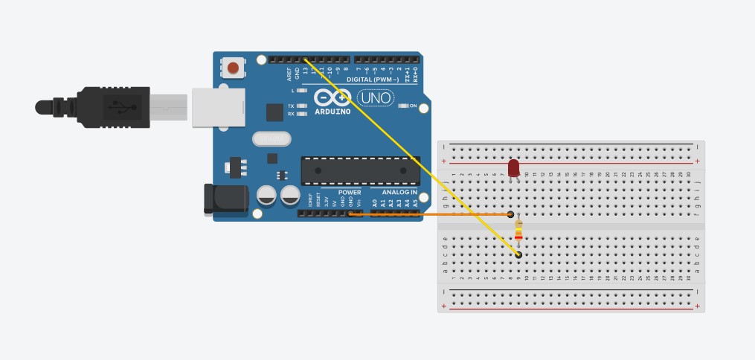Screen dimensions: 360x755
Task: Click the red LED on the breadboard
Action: [x=513, y=167]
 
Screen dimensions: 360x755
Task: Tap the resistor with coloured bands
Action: [x=518, y=231]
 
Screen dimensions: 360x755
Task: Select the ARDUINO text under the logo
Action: [x=332, y=112]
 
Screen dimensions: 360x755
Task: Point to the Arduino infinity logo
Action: [x=332, y=97]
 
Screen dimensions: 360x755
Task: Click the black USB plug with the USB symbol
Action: [x=112, y=107]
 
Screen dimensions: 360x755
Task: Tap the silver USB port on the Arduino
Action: [x=218, y=107]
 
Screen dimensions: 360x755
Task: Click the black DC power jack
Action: [x=225, y=199]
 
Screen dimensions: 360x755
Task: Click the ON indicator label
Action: [x=413, y=106]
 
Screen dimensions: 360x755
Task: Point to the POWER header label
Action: [x=350, y=192]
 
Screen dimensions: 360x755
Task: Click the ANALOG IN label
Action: [x=399, y=192]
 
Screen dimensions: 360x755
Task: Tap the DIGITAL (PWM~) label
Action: [x=373, y=80]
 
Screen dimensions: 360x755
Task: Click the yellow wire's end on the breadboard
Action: [x=518, y=255]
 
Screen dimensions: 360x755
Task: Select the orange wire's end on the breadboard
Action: [x=510, y=214]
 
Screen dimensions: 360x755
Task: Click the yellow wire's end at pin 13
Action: [x=305, y=59]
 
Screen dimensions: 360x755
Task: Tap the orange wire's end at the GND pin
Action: [x=350, y=214]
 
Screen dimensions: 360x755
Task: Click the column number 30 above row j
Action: [x=688, y=175]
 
